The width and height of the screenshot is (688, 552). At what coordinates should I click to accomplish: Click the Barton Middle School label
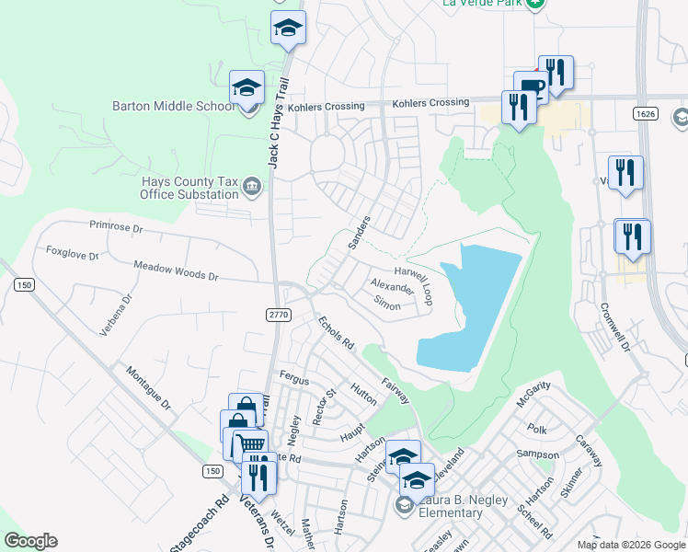click(173, 106)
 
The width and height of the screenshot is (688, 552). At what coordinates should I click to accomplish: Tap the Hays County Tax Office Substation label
click(189, 189)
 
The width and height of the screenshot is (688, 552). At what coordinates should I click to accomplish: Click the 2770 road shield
click(280, 314)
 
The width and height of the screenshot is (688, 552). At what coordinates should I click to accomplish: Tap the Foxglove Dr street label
click(72, 251)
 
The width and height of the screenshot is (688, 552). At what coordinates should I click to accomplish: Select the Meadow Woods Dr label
click(175, 271)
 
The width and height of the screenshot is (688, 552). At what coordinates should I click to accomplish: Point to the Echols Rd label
click(336, 333)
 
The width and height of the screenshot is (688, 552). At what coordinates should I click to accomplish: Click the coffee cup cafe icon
click(531, 87)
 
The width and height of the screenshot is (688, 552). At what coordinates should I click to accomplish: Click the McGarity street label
click(533, 393)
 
